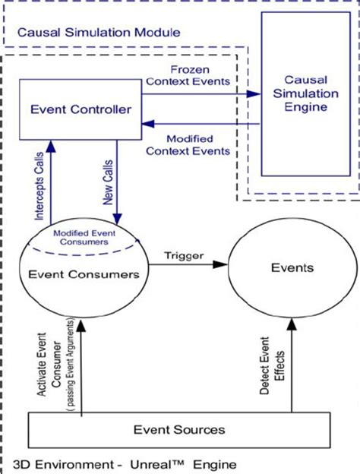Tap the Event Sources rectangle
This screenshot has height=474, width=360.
coord(180,429)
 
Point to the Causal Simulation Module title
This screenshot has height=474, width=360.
coord(99,33)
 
